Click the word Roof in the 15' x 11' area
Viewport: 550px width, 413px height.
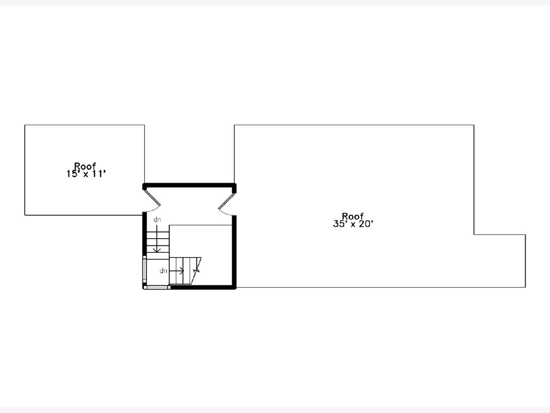(x=85, y=166)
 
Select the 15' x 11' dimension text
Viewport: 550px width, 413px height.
(x=86, y=174)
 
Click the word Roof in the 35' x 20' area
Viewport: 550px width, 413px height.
(x=353, y=216)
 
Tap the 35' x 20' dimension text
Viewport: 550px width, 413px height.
(x=353, y=223)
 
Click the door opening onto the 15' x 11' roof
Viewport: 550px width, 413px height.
(x=152, y=201)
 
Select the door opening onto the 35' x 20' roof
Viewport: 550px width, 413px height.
(x=227, y=204)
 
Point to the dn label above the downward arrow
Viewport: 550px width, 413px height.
(x=157, y=220)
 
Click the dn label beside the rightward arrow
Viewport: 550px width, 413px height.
(x=163, y=271)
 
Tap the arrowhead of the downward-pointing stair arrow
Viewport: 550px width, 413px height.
(x=157, y=250)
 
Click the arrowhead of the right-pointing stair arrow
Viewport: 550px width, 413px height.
(x=182, y=271)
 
